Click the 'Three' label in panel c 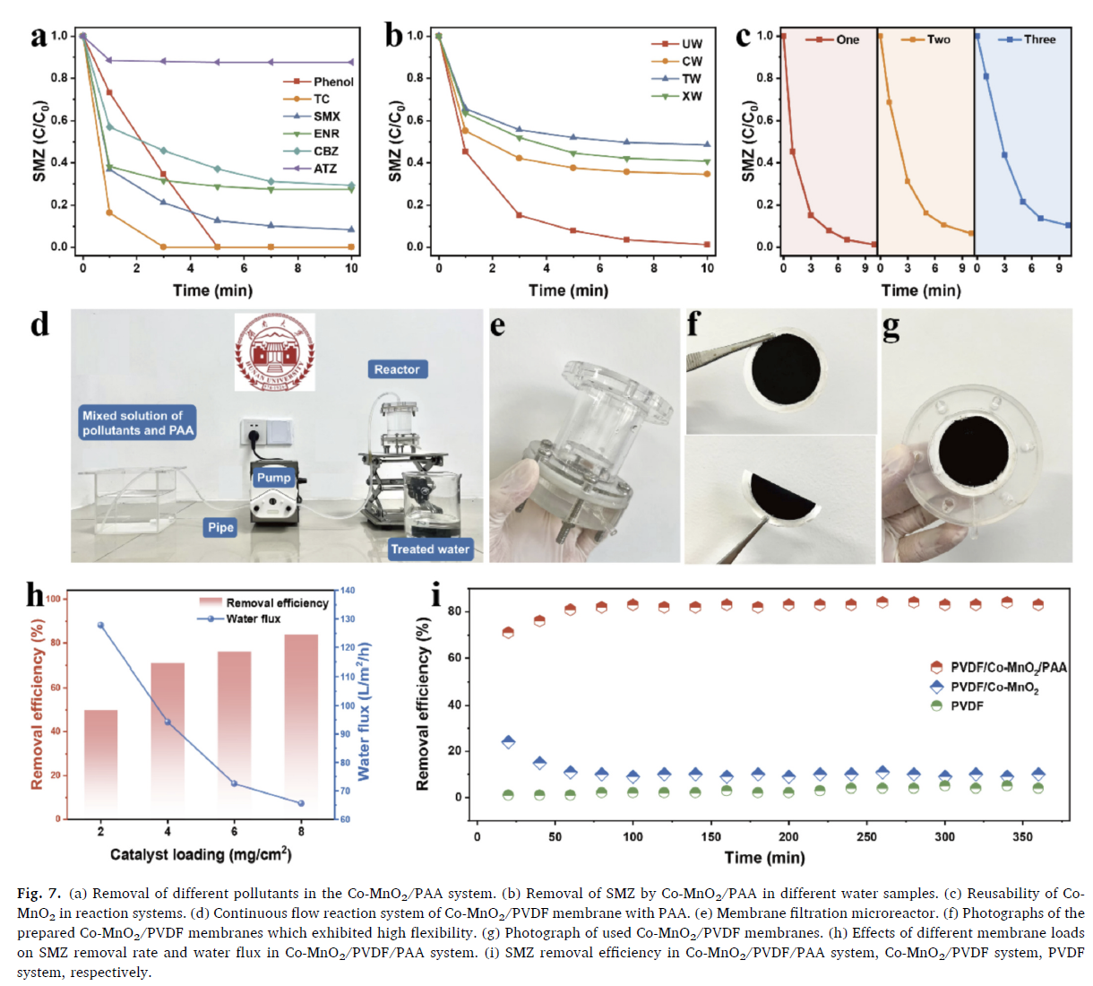pyautogui.click(x=1039, y=39)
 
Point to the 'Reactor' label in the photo pyautogui.click(x=397, y=369)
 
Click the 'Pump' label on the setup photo pyautogui.click(x=274, y=478)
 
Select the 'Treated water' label pyautogui.click(x=430, y=549)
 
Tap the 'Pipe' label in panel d pyautogui.click(x=220, y=527)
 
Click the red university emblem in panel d pyautogui.click(x=274, y=352)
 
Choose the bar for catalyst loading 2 pyautogui.click(x=100, y=763)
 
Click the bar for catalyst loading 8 pyautogui.click(x=301, y=726)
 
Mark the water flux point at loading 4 pyautogui.click(x=168, y=722)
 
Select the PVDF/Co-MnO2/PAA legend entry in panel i pyautogui.click(x=1008, y=668)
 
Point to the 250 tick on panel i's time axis pyautogui.click(x=866, y=836)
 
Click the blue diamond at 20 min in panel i pyautogui.click(x=509, y=741)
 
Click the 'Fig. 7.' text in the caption pyautogui.click(x=39, y=894)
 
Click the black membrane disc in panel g pyautogui.click(x=976, y=455)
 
